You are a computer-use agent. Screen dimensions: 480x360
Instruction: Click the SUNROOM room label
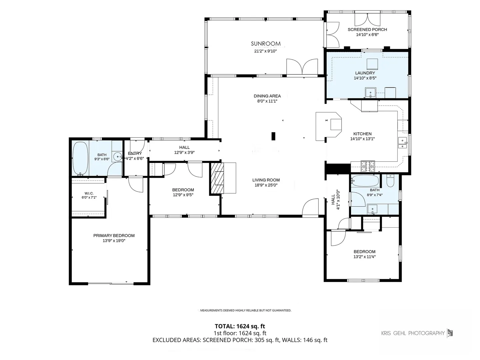265,44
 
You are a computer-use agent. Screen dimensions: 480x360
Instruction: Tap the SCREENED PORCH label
367,30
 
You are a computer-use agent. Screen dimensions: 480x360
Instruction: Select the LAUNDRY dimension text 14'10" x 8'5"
365,78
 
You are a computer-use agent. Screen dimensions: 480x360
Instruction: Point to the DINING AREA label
267,96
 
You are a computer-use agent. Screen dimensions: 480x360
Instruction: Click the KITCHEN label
362,134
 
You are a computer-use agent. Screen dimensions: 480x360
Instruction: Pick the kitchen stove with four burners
368,166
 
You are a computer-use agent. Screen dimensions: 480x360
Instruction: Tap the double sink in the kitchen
402,143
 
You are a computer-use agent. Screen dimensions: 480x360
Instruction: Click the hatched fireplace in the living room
217,178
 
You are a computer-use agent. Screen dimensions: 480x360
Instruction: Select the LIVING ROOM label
266,180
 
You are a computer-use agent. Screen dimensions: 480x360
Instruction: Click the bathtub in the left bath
80,158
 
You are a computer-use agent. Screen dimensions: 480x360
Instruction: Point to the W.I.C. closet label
89,193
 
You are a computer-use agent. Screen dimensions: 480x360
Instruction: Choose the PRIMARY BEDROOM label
114,236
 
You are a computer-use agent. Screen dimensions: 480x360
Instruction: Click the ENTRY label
135,153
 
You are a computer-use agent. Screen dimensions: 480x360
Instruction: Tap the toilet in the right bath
390,181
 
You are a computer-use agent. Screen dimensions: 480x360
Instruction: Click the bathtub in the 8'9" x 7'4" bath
365,181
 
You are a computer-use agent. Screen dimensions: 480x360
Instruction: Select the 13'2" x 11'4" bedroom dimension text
364,257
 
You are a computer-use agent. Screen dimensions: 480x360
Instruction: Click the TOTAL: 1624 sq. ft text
240,326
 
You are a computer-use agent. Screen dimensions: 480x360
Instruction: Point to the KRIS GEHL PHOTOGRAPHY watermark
413,333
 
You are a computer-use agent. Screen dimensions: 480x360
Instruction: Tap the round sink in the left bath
118,157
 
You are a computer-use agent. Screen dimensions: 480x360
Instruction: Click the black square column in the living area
273,136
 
